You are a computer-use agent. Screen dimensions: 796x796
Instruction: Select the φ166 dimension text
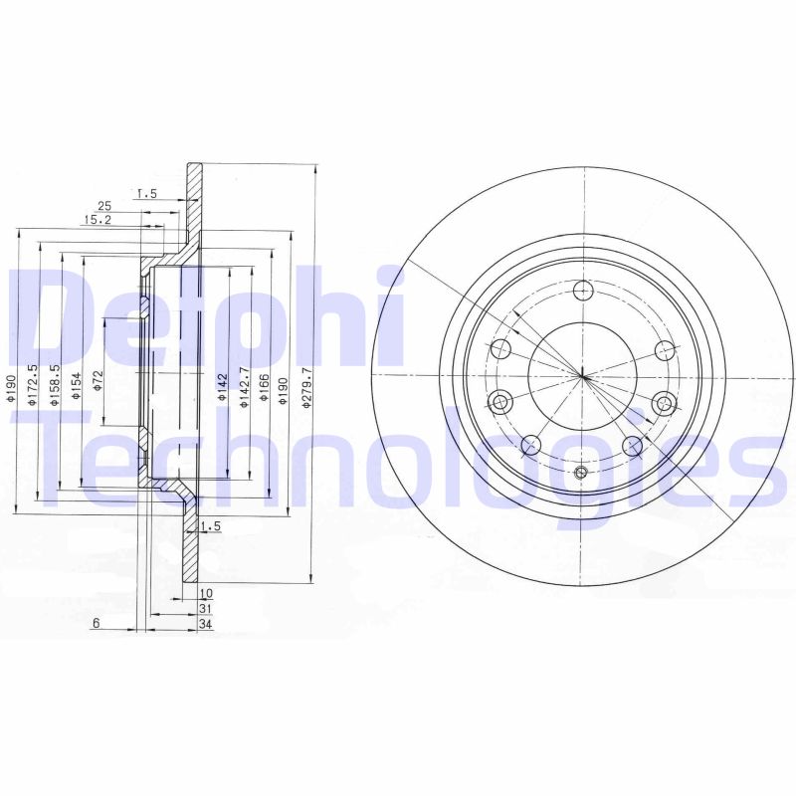pyautogui.click(x=264, y=385)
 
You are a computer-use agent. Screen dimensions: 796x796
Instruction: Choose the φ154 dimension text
pyautogui.click(x=77, y=386)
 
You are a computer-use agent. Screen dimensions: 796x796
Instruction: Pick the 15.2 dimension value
pyautogui.click(x=97, y=220)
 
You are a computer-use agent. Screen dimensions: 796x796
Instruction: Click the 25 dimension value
pyautogui.click(x=103, y=206)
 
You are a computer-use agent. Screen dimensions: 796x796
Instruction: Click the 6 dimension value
pyautogui.click(x=96, y=624)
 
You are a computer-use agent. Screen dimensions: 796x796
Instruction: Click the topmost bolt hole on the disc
pyautogui.click(x=584, y=291)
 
